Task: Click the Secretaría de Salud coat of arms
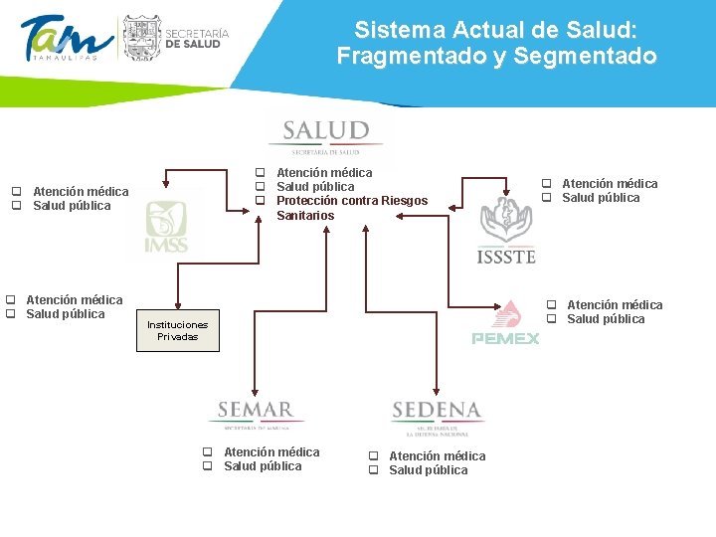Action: (140, 38)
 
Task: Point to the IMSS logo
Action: (165, 227)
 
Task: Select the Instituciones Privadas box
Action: (178, 330)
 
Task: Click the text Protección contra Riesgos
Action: (351, 201)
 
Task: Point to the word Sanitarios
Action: (305, 216)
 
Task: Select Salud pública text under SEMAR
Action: (263, 466)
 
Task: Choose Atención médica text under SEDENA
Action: (437, 456)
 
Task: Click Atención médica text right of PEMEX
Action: (614, 305)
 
